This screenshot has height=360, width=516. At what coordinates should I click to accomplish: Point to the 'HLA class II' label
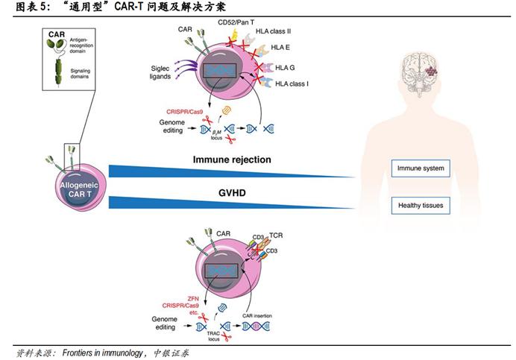coord(294,33)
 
